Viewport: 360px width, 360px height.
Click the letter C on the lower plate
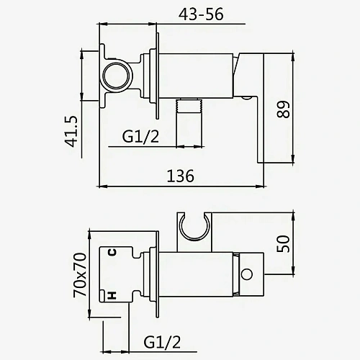pos(112,252)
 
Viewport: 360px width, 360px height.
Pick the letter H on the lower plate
pos(112,295)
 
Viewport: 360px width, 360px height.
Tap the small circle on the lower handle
pos(248,274)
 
